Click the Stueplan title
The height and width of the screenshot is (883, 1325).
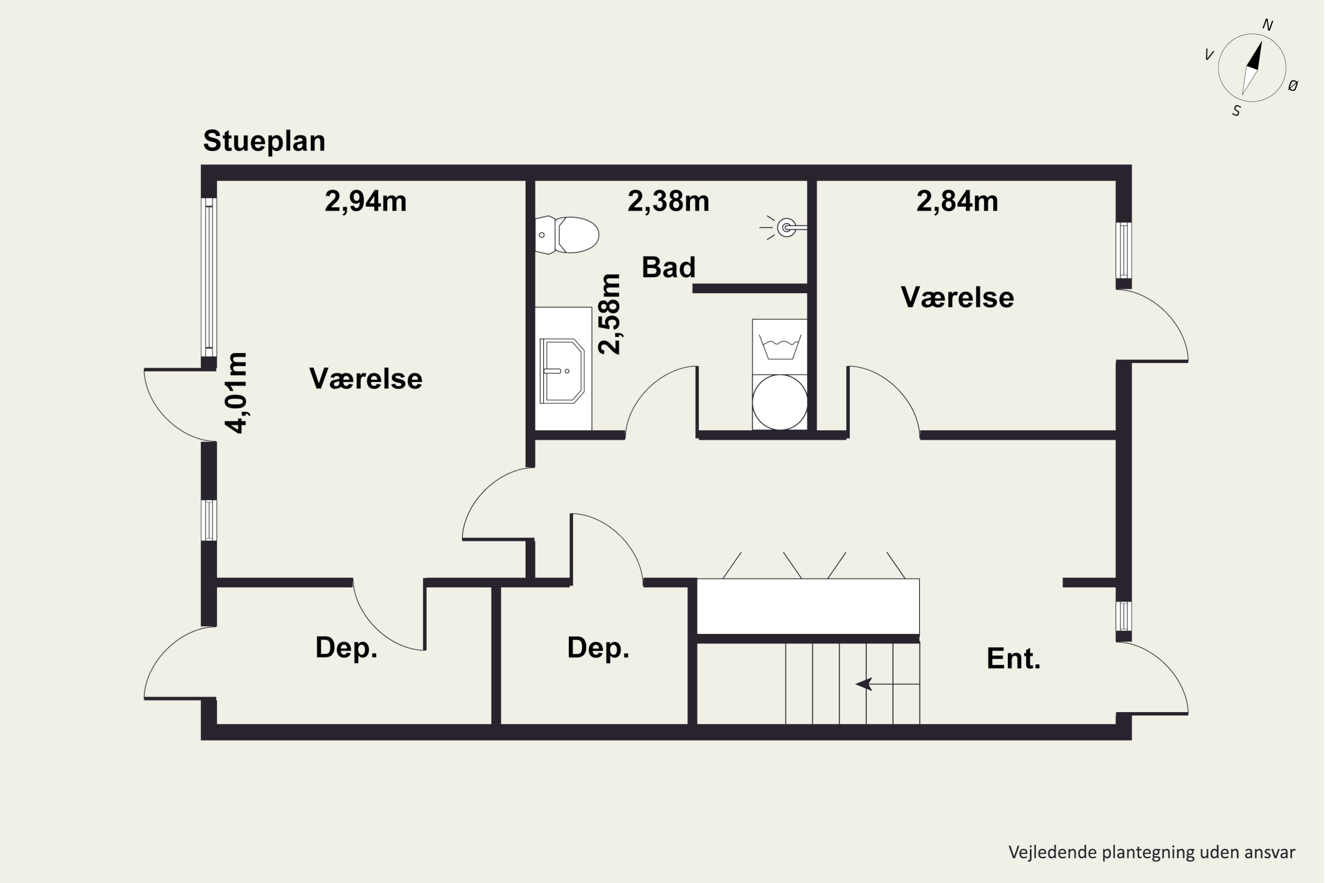tap(264, 141)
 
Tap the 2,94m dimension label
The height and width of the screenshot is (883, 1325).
tap(365, 201)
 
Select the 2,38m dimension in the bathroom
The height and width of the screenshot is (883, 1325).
tap(668, 201)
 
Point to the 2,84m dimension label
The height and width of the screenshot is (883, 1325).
tap(957, 201)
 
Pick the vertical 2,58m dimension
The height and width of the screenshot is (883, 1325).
tap(609, 313)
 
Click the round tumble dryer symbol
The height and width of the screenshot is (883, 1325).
tap(779, 402)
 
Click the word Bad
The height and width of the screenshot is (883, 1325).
tap(668, 267)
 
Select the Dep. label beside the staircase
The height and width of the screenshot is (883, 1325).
tap(598, 648)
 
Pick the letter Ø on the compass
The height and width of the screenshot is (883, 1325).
tap(1294, 86)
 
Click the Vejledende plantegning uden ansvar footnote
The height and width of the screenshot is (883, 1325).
tap(1151, 852)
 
